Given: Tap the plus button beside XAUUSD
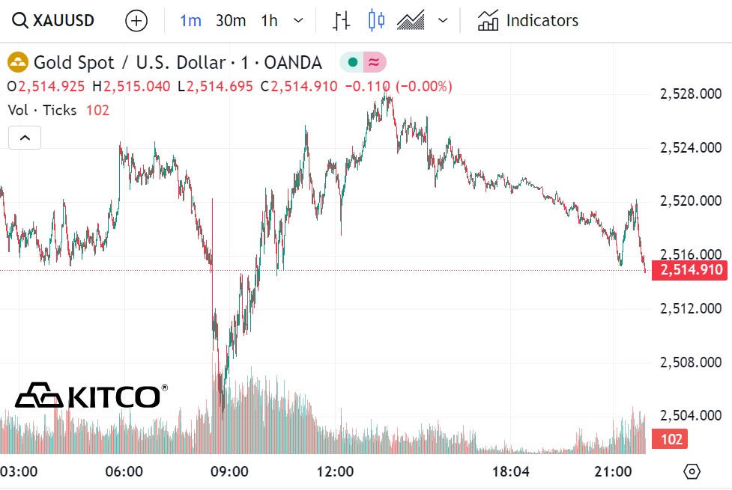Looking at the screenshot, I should (x=136, y=21).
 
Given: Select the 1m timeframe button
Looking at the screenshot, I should (x=190, y=20).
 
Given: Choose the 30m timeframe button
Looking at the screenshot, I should (x=230, y=20).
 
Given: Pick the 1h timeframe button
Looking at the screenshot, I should (x=269, y=20).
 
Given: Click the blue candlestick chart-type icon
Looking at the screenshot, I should (x=376, y=20).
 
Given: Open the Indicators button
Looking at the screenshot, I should (x=528, y=20).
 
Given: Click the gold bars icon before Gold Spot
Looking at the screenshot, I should (x=18, y=62).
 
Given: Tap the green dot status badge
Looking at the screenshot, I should (x=352, y=62).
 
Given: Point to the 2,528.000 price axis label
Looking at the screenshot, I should (x=691, y=94).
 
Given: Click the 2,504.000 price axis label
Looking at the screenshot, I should (x=691, y=416).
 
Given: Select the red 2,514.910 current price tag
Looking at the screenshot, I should (x=690, y=270).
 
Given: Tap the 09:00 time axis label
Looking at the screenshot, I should (x=229, y=472).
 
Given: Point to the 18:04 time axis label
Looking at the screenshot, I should (x=511, y=472).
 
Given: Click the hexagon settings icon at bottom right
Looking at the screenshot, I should (x=692, y=471).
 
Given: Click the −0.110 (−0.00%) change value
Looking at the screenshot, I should (x=398, y=87).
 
